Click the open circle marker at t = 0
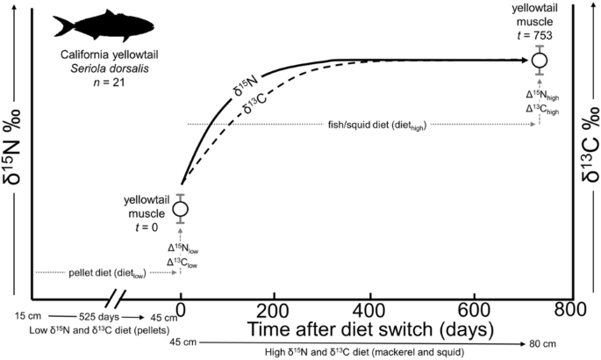181,209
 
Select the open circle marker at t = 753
540,60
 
